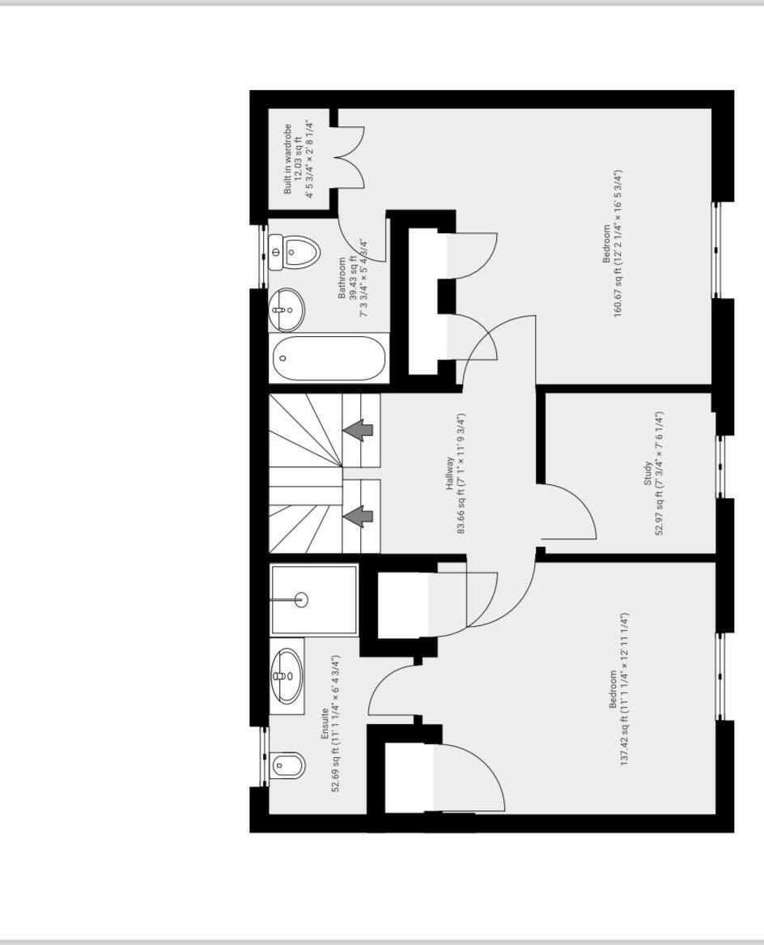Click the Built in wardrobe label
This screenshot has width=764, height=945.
point(288,159)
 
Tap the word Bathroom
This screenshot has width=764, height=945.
point(342,278)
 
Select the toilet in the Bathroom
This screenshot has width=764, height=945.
point(294,253)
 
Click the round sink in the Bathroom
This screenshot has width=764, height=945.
point(286,310)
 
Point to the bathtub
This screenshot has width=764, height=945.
point(329,358)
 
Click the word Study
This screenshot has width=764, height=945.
point(647,474)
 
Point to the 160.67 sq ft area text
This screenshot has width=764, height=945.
point(618,244)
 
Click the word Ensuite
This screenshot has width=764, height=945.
point(325,724)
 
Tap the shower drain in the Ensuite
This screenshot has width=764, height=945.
point(301,600)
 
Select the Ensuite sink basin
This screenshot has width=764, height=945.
point(286,676)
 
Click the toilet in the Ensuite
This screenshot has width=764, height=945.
point(288,765)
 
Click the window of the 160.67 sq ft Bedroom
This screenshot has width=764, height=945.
point(716,249)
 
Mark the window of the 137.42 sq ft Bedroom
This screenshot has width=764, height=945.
point(720,676)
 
